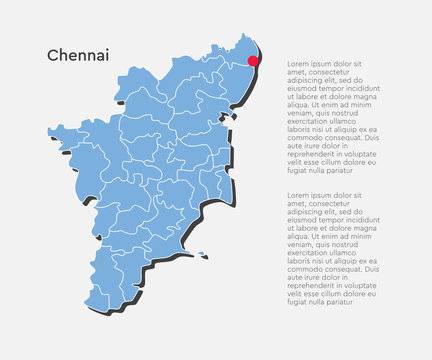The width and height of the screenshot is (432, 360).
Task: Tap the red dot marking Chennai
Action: tap(254, 60)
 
